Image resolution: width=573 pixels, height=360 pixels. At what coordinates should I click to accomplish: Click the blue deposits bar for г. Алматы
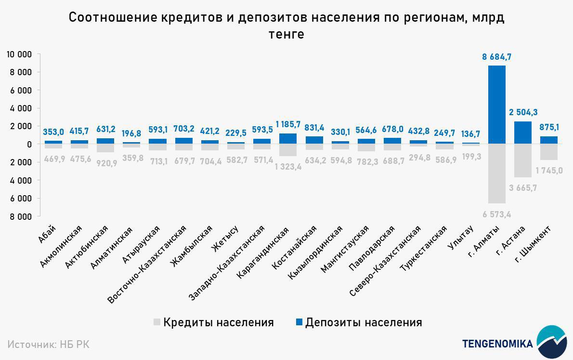point(497,105)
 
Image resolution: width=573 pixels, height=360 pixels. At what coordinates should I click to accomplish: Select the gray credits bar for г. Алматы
point(497,173)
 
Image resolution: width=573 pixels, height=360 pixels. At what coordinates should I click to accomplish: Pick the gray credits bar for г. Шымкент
point(549,152)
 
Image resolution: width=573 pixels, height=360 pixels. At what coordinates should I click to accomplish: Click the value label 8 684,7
point(497,57)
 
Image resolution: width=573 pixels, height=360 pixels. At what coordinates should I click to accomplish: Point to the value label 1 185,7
point(288,124)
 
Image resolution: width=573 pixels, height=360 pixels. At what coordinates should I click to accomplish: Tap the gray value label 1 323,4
point(288,167)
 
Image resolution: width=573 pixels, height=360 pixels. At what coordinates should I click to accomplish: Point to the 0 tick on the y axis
point(29,144)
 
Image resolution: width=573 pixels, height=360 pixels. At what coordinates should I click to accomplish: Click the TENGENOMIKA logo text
point(497,344)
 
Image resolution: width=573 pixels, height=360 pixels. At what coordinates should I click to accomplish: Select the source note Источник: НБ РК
point(49,344)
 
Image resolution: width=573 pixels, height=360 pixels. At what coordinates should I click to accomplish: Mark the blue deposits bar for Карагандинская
point(288,139)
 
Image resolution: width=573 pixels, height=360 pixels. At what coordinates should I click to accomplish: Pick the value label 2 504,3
point(523,112)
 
